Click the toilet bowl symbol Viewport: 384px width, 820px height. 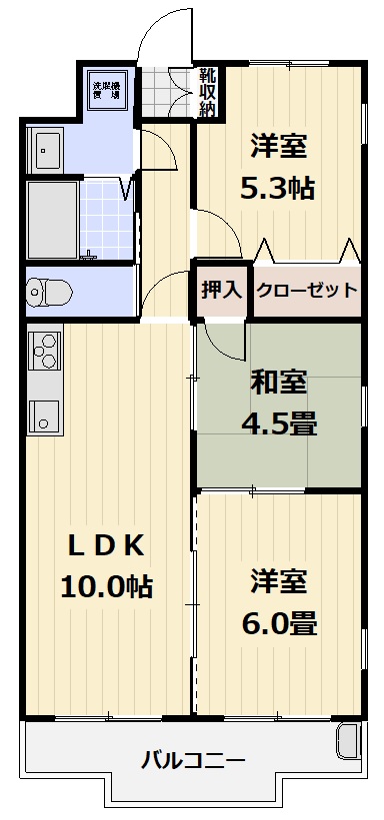point(50,291)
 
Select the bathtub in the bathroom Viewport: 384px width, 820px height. point(52,220)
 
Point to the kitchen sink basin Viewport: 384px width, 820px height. point(44,416)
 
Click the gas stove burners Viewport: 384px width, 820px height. point(44,351)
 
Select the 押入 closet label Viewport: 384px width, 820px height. point(222,291)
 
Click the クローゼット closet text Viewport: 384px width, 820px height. point(307,290)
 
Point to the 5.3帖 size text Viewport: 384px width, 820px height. point(278,188)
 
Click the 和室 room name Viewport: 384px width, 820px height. point(278,383)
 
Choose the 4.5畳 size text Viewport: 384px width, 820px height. point(279,423)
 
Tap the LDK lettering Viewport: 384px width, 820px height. point(106,546)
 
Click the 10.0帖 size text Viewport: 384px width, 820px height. point(106,585)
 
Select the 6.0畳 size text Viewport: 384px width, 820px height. point(279,623)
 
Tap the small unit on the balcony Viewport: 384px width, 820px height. point(347,740)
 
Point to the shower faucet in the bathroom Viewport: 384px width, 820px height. point(90,256)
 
